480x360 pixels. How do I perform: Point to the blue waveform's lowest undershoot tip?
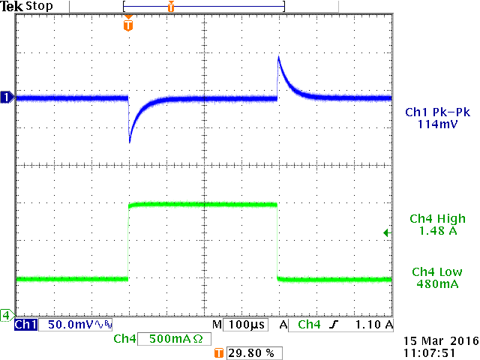pos(130,142)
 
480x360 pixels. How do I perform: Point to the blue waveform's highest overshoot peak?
pos(279,56)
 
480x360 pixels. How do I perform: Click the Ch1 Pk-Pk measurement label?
pos(438,112)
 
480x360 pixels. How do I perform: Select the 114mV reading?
pos(438,124)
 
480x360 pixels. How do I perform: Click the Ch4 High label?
pos(438,219)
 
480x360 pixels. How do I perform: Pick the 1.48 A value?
pos(438,231)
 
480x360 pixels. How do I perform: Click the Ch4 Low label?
pos(438,272)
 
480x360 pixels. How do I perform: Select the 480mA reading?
pos(438,284)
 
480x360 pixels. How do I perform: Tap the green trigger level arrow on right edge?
pos(386,233)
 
